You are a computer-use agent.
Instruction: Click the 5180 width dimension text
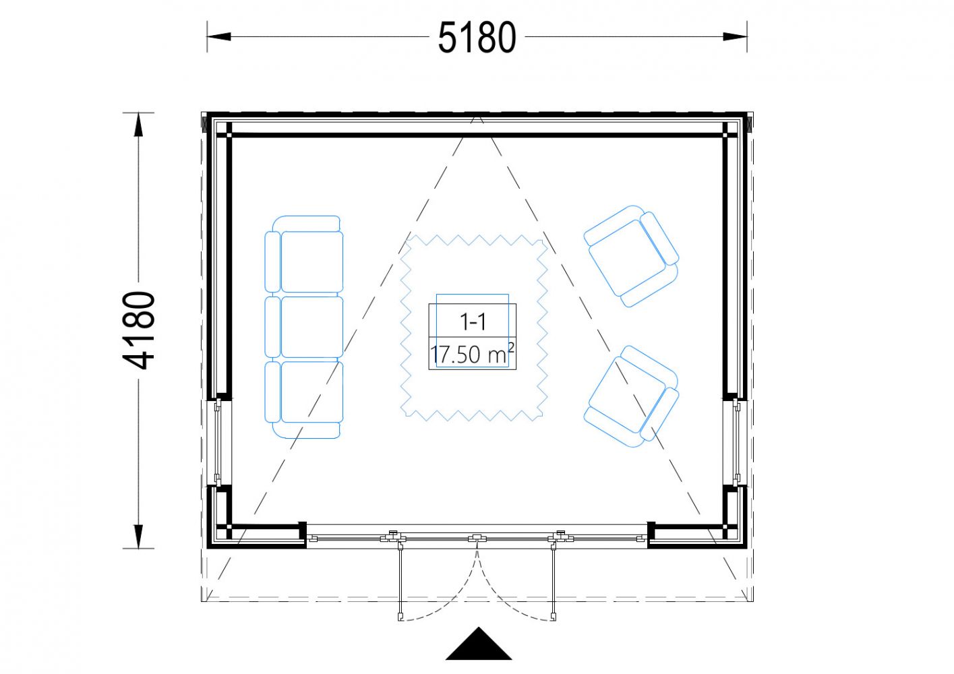click(477, 38)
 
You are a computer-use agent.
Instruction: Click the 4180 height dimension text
click(139, 330)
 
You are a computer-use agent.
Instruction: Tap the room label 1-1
click(473, 321)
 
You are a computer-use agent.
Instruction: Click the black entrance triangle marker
click(479, 644)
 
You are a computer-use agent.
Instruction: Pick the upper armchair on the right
click(631, 256)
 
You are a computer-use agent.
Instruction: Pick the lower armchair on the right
click(631, 396)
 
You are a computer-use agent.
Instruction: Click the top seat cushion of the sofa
click(312, 262)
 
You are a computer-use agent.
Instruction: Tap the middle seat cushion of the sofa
click(312, 327)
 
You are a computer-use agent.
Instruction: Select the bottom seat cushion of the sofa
click(312, 392)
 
